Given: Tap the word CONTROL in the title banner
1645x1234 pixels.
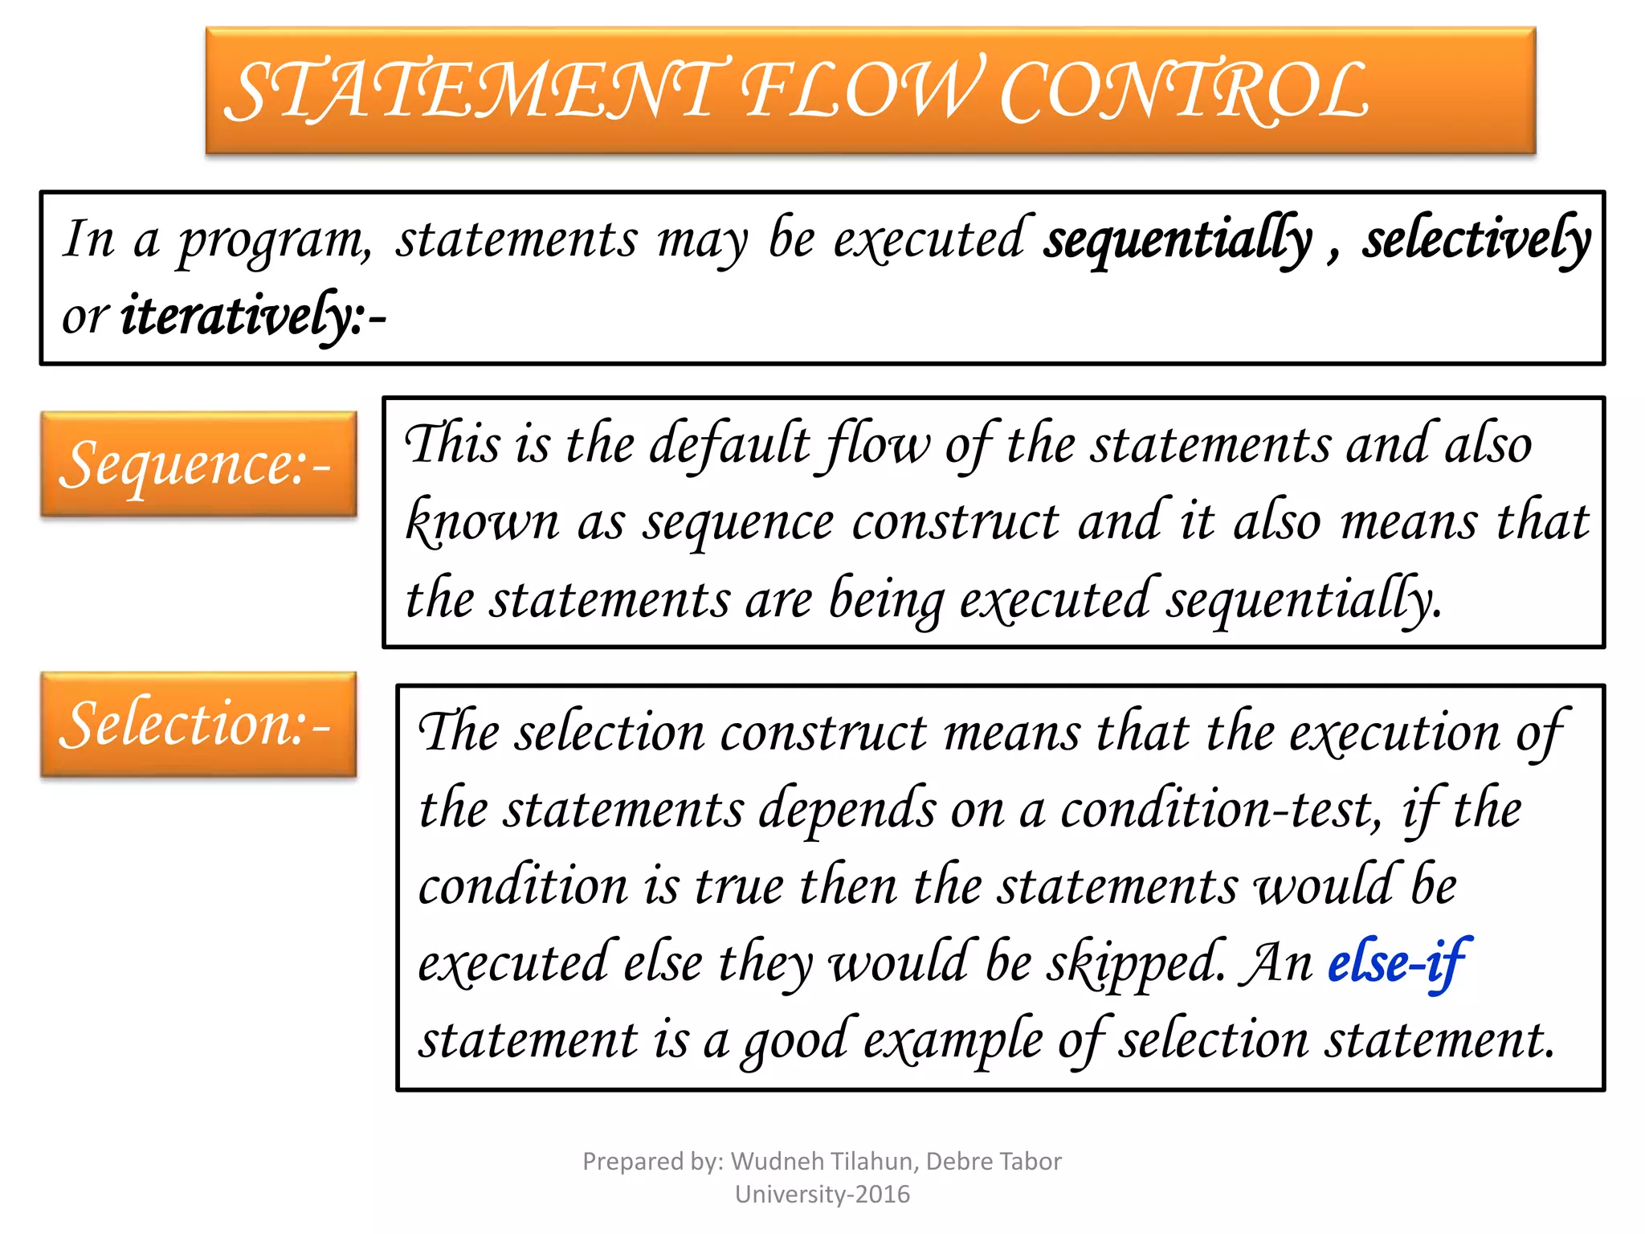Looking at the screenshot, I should [x=1184, y=92].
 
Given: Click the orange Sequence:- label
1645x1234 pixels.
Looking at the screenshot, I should [x=198, y=464].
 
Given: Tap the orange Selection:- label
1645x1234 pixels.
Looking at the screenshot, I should [x=198, y=725].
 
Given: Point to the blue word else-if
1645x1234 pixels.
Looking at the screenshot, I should [x=1398, y=962].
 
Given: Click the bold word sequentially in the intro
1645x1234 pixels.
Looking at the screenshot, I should [x=1178, y=239].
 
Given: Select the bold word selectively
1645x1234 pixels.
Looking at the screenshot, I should [x=1476, y=239].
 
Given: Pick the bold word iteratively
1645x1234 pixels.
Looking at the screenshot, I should [x=241, y=316].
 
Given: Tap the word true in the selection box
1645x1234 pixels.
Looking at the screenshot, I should [x=739, y=887].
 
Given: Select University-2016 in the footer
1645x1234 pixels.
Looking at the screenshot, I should [x=822, y=1195].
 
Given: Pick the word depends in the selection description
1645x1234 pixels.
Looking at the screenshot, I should [x=847, y=810].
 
